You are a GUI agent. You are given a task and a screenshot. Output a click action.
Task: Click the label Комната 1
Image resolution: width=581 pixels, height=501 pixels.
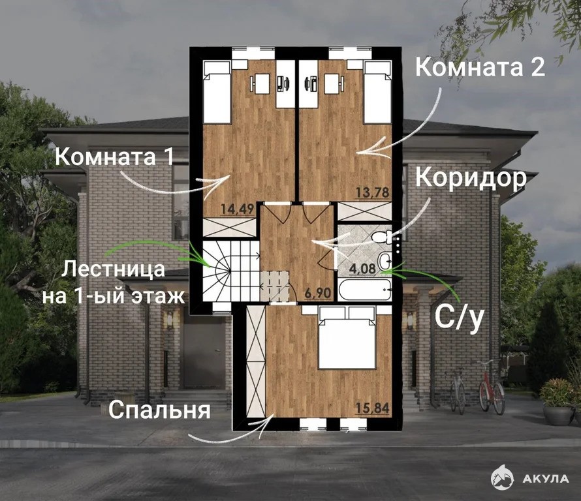[x=114, y=156]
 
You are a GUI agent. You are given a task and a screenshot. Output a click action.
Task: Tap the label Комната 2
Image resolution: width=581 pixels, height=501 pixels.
[x=480, y=67]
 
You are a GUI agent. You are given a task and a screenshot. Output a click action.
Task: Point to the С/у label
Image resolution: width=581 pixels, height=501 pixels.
[x=460, y=318]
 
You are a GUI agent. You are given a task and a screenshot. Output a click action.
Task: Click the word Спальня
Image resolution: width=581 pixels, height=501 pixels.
[x=160, y=410]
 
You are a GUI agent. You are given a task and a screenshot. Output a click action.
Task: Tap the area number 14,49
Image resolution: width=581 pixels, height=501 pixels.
[x=237, y=209]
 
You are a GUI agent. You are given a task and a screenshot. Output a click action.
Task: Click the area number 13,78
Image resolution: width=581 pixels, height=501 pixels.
[x=373, y=192]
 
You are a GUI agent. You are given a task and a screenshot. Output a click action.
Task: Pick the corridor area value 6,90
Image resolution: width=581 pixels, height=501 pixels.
[x=317, y=294]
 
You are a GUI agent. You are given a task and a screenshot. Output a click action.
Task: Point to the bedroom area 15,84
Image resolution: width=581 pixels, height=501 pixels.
[x=373, y=408]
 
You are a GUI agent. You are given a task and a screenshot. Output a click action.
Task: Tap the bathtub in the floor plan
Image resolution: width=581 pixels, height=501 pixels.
[x=365, y=290]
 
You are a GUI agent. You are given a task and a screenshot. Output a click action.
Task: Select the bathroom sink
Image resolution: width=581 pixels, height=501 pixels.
[x=385, y=260]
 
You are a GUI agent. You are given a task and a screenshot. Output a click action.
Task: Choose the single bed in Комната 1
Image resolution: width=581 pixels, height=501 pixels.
[x=217, y=92]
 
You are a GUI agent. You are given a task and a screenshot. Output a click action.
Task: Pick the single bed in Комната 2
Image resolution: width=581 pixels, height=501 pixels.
[x=377, y=92]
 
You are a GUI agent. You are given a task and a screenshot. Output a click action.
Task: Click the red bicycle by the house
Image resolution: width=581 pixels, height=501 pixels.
[x=492, y=386]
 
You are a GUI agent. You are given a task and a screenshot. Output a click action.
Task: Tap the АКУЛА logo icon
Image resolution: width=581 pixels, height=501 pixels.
[x=502, y=478]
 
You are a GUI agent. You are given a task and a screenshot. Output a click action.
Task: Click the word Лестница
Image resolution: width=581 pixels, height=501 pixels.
[x=113, y=269]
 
